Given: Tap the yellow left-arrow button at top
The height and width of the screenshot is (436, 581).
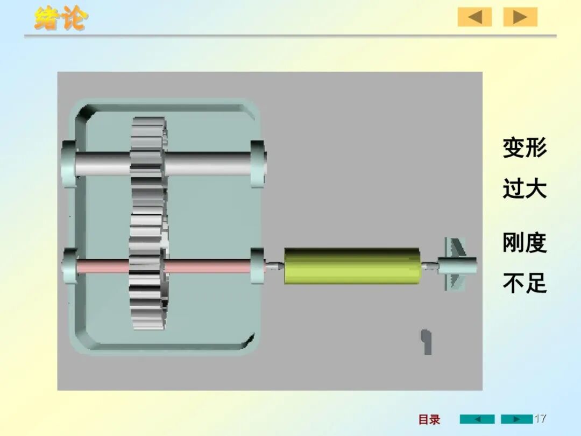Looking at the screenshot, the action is pos(474,17).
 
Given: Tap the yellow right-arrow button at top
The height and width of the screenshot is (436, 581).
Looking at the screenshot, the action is pos(520,17).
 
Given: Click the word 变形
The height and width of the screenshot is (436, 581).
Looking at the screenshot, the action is pos(525,147).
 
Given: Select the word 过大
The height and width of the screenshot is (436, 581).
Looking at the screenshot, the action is pos(525,188).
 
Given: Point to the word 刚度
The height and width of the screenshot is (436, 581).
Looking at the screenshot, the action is pos(525,243).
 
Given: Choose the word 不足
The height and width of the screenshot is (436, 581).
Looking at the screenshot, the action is pos(525,283).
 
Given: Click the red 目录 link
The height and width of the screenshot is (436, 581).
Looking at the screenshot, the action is pos(429,419).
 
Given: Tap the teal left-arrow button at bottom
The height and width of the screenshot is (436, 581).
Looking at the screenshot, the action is pos(477,419).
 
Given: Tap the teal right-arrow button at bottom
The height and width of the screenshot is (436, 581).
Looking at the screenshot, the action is pos(516,419).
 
